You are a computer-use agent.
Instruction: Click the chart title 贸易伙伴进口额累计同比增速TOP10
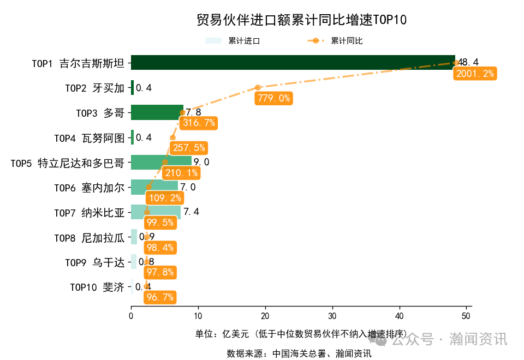(x=301, y=20)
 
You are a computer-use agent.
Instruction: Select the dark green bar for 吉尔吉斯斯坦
(x=293, y=63)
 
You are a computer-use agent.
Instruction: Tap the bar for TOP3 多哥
(x=157, y=112)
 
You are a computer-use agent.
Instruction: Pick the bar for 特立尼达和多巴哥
(x=161, y=162)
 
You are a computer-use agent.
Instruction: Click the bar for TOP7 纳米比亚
(x=156, y=212)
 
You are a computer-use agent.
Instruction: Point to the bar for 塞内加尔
(x=154, y=187)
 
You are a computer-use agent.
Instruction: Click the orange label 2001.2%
(x=474, y=74)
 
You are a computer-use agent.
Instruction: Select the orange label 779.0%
(x=273, y=98)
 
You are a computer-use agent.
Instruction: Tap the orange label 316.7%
(x=199, y=123)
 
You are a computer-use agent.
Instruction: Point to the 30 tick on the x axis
(x=332, y=316)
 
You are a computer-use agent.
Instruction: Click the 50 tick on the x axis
(x=466, y=316)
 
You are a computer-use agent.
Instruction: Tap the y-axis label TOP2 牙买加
(x=94, y=88)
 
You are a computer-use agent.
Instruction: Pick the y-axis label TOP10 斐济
(x=97, y=287)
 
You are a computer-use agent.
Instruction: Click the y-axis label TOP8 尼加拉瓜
(x=89, y=238)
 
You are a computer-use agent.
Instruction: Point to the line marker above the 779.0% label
(x=258, y=87)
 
